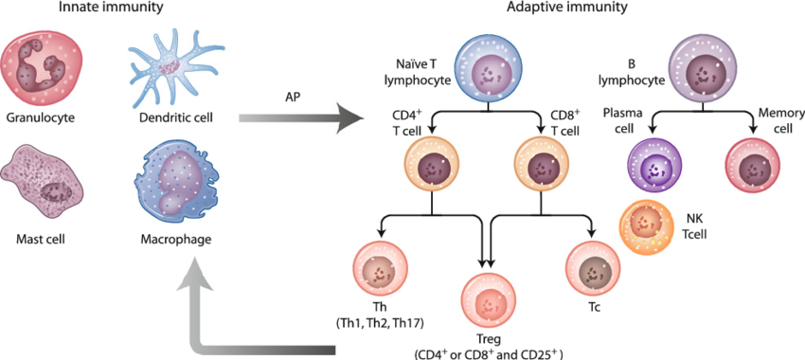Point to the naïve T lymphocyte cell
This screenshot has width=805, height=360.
click(x=489, y=71)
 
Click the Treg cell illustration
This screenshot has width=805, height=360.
click(x=489, y=302)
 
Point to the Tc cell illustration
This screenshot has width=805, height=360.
click(x=594, y=270)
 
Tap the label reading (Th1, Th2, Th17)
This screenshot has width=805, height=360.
click(x=379, y=323)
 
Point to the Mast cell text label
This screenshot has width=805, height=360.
click(x=40, y=240)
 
